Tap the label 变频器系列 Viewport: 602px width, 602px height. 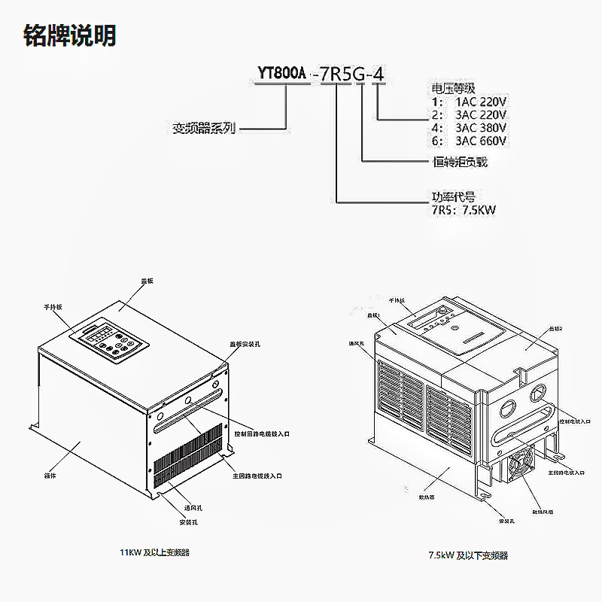tap(204, 129)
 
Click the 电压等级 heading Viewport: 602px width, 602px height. tap(453, 88)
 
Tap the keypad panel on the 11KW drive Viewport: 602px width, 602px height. tap(109, 342)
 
